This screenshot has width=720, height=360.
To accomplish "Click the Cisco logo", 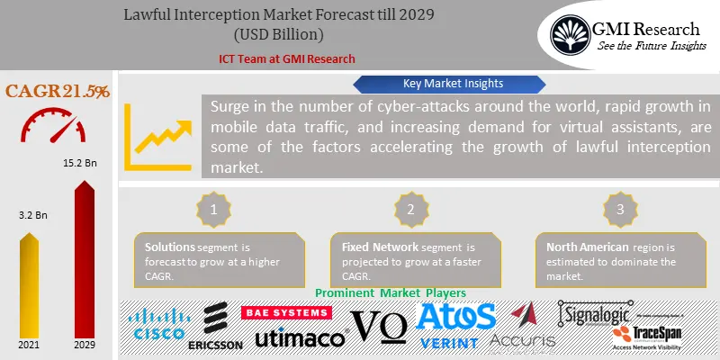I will point(159,326).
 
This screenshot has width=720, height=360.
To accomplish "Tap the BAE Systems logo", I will point(286,313).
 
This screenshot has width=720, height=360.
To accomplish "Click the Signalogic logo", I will point(607,313).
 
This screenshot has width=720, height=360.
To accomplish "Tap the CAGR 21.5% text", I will point(58,92).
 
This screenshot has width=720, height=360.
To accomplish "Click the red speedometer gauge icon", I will point(56,126).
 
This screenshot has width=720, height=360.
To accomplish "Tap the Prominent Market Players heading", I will point(391,293).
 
